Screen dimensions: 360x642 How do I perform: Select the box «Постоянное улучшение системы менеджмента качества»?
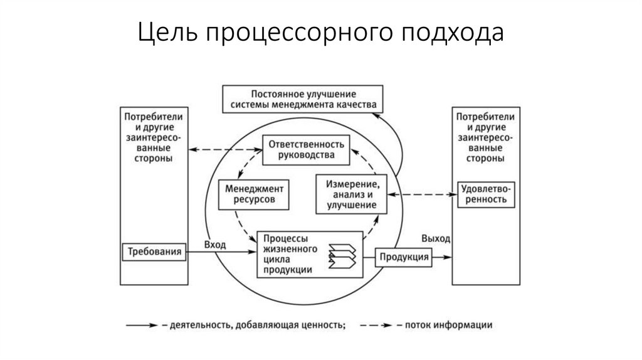coord(303,98)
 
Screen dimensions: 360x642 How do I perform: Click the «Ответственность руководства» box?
coord(307,149)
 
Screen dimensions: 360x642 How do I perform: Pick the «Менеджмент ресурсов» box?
coord(250,194)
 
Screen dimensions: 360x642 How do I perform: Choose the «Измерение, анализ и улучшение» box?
coord(352,194)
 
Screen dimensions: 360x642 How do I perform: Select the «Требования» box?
coord(154,252)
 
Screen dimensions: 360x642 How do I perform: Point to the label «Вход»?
coord(215,244)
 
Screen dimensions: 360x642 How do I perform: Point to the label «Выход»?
coord(436,239)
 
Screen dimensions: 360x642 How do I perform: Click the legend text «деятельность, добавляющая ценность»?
coord(255,325)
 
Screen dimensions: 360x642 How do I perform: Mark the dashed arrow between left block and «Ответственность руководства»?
coord(224,149)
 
